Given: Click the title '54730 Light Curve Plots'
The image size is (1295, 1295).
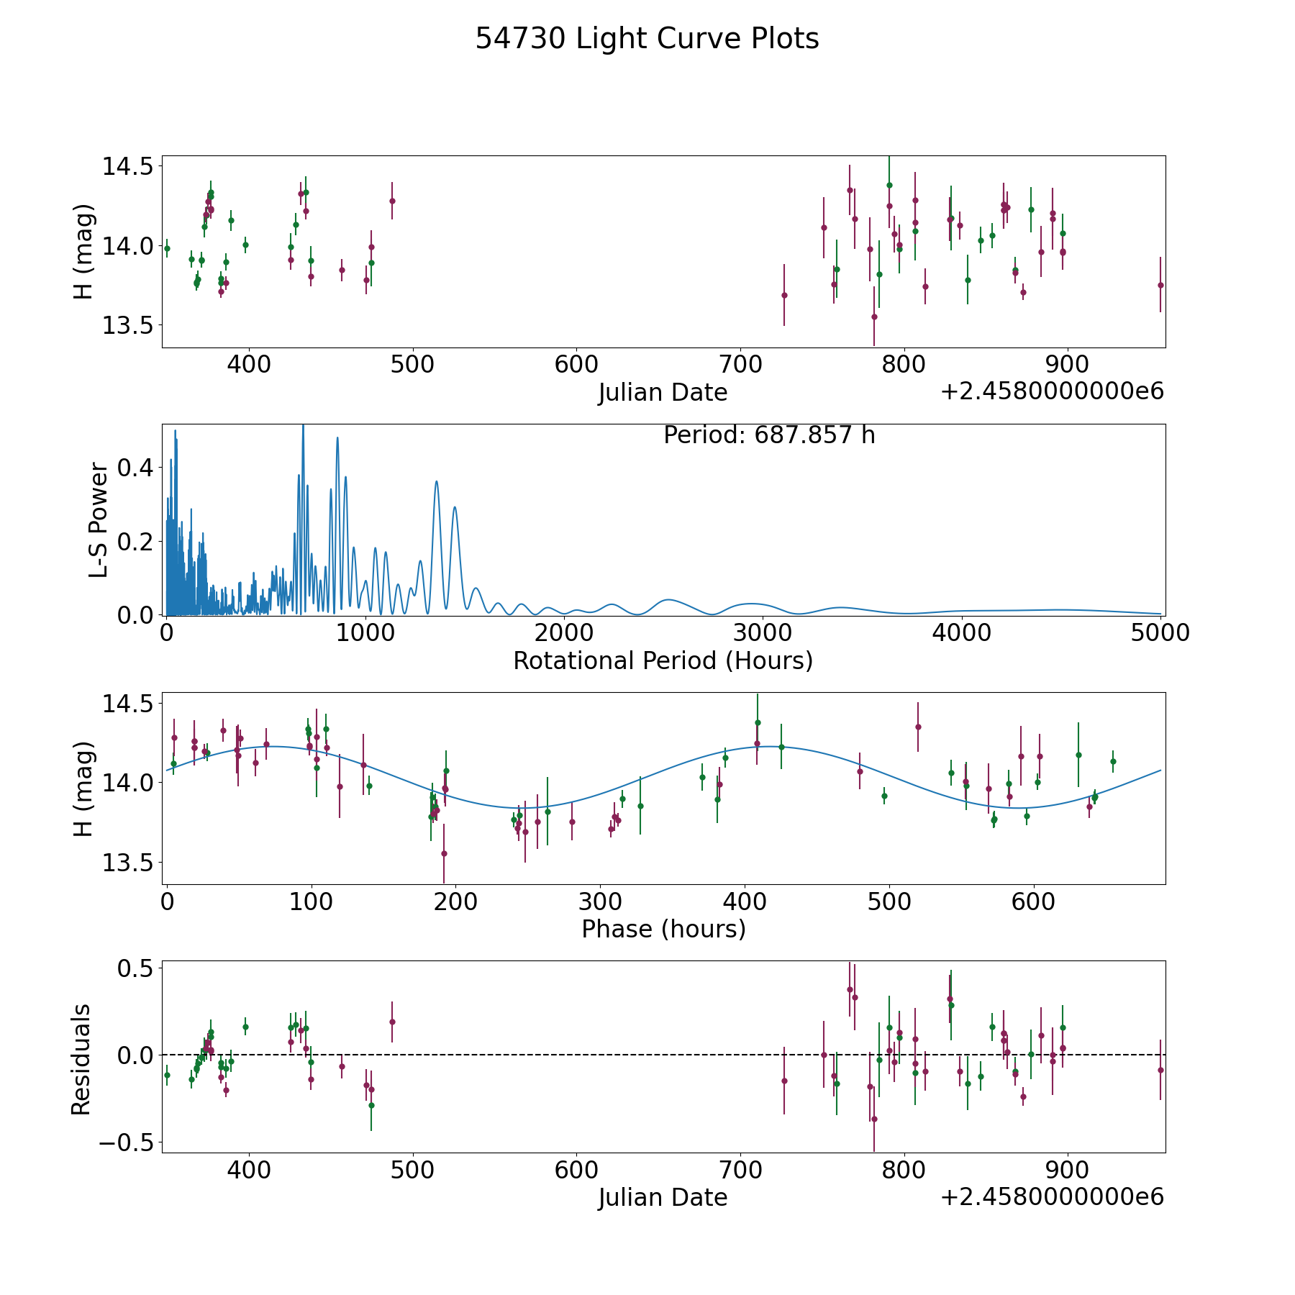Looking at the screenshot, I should click(x=647, y=39).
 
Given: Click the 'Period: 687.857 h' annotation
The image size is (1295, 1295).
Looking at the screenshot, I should click(x=769, y=435).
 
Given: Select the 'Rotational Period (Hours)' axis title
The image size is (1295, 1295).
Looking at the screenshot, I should click(x=663, y=660).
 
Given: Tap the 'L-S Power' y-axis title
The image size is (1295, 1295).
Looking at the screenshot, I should click(x=99, y=520).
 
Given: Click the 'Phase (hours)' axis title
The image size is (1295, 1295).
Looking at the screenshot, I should click(x=663, y=929).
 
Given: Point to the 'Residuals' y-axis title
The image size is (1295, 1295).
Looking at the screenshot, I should click(x=81, y=1059).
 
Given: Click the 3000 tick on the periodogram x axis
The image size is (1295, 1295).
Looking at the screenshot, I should click(x=763, y=633).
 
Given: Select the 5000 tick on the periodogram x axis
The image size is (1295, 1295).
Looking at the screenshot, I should click(x=1160, y=633).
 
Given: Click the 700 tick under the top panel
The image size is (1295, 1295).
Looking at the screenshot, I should click(x=740, y=365).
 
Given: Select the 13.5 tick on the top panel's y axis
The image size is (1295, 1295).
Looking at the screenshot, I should click(x=127, y=326).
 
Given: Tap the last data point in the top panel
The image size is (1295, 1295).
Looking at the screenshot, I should click(x=1160, y=285).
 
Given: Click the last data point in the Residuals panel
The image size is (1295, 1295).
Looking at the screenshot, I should click(x=1160, y=1070).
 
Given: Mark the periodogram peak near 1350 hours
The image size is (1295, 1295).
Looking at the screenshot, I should click(x=436, y=481).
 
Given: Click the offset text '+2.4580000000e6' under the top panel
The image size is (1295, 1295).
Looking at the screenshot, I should click(x=1052, y=391).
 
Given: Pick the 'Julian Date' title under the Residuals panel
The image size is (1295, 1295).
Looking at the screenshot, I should click(x=663, y=1197).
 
